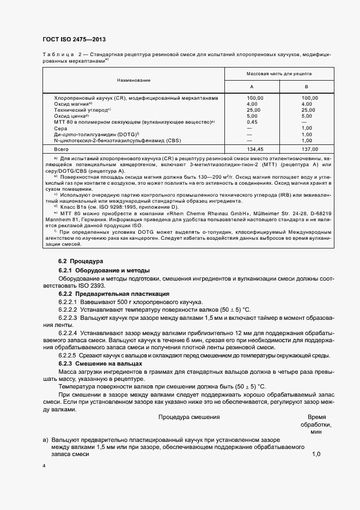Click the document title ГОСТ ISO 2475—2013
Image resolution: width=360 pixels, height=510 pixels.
(74, 40)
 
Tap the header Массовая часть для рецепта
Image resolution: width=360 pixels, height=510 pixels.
(279, 72)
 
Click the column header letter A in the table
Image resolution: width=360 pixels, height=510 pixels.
(251, 87)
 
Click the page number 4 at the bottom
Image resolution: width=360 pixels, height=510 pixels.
(43, 466)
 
